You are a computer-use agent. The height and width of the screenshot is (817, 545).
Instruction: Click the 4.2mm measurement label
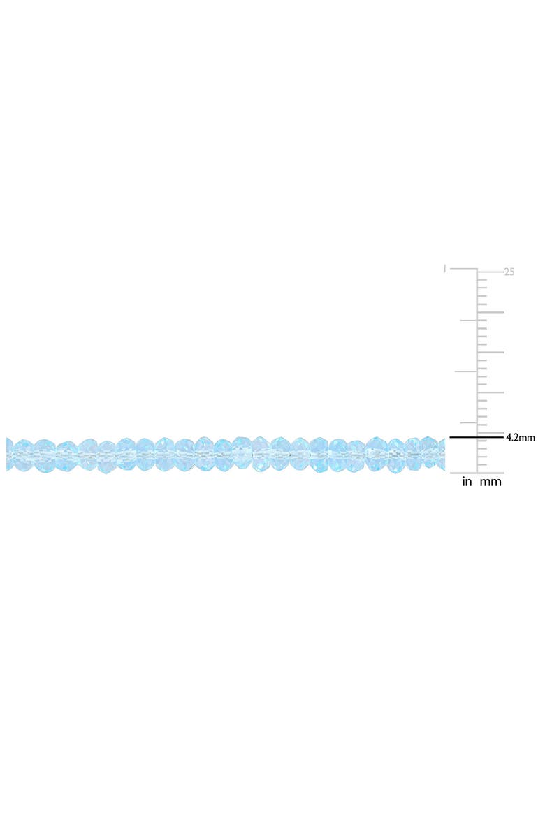[x=520, y=438]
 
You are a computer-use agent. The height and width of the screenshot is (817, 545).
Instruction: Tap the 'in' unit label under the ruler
[x=467, y=482]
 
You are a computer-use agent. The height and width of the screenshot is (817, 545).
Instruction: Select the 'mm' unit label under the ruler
[x=490, y=483]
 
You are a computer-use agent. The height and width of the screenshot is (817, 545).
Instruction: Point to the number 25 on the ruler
[x=509, y=272]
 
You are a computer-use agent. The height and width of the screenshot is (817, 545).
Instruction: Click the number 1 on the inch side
[x=444, y=269]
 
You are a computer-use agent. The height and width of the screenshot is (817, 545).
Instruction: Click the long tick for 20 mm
[x=490, y=312]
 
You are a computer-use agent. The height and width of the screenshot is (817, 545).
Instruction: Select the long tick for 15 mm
[x=490, y=352]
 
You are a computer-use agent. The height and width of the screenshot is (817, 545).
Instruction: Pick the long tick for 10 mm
[x=490, y=392]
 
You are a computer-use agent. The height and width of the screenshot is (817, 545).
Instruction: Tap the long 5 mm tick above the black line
[x=490, y=432]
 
